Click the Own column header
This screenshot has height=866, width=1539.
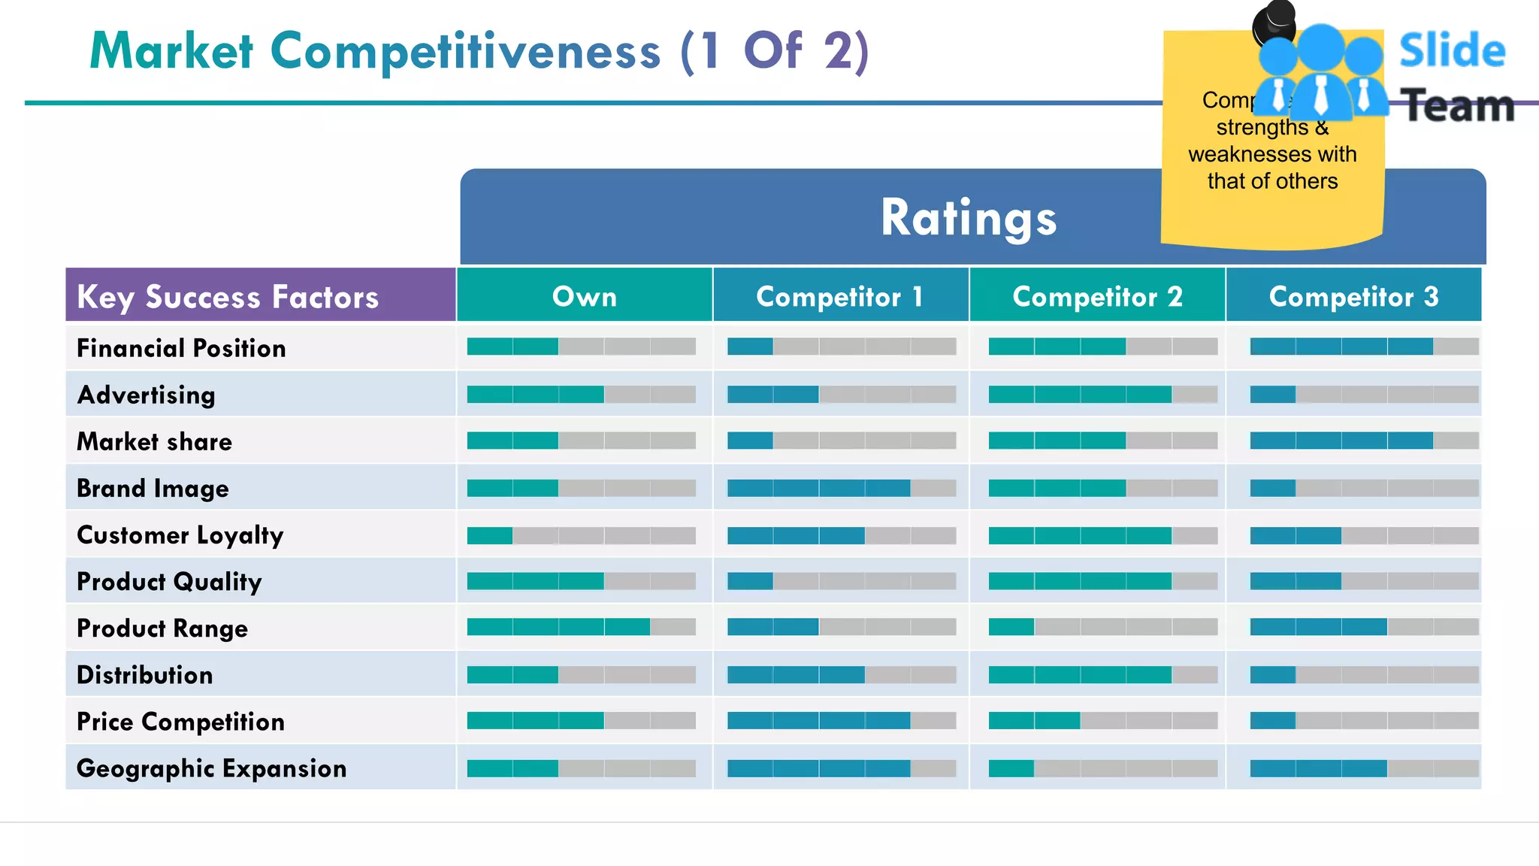[x=584, y=296]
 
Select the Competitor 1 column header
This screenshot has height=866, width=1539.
[x=839, y=296]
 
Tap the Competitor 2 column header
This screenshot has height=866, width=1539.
[x=1097, y=296]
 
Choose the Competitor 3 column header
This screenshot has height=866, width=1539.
[x=1353, y=296]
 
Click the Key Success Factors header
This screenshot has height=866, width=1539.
[x=228, y=296]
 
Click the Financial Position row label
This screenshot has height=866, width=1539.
[x=181, y=348]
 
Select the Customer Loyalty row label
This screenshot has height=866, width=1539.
[x=180, y=535]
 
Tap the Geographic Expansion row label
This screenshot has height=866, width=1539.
[x=211, y=768]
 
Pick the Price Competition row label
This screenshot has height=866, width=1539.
[x=180, y=722]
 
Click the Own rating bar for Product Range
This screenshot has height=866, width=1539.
[x=581, y=627]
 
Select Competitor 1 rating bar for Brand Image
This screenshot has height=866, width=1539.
[x=842, y=488]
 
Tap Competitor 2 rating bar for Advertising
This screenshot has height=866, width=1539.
[x=1102, y=394]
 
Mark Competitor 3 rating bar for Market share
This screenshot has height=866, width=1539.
[x=1364, y=441]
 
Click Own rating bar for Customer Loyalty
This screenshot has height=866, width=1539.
[x=581, y=535]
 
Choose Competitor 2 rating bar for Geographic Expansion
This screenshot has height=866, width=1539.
[x=1102, y=768]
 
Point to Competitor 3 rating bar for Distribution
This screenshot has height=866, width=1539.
[x=1364, y=674]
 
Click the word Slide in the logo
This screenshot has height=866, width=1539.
[x=1452, y=51]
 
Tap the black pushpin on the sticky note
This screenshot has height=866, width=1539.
[x=1274, y=23]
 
